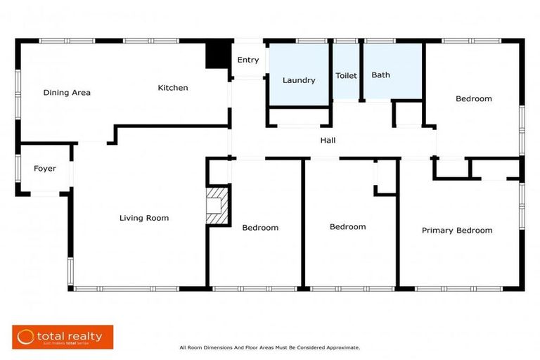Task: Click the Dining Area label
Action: click(67, 93)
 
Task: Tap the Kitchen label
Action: click(172, 88)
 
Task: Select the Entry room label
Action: click(247, 60)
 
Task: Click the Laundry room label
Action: click(299, 80)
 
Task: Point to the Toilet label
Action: click(346, 75)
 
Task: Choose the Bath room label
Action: click(380, 75)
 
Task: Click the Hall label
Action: click(328, 141)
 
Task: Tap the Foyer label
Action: click(45, 169)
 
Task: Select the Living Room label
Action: click(143, 218)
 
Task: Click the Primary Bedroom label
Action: click(457, 231)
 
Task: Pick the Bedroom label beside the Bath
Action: click(473, 99)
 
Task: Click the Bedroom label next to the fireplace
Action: click(260, 228)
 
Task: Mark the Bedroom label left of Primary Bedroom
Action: click(347, 227)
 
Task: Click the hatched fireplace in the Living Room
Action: click(217, 205)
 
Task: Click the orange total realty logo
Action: click(62, 337)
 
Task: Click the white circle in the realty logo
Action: click(26, 337)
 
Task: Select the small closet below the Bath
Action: click(406, 113)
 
